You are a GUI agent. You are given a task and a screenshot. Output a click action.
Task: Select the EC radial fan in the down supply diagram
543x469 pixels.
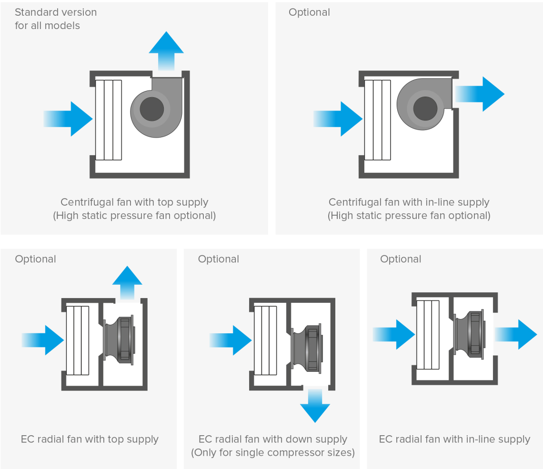click(307, 348)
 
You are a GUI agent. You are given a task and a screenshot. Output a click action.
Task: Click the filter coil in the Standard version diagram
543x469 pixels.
click(108, 120)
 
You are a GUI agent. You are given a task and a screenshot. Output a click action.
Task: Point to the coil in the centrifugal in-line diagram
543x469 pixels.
click(378, 120)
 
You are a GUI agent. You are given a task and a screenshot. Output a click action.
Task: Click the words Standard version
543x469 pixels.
click(56, 12)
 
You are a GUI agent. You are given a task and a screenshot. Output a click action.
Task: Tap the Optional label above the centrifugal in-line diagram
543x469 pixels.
click(309, 12)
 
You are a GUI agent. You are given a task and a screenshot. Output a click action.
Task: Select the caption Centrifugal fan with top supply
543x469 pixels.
click(134, 202)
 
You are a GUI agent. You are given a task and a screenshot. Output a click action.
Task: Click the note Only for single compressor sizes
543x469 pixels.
click(273, 452)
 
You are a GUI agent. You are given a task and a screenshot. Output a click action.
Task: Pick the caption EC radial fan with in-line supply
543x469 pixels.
click(454, 439)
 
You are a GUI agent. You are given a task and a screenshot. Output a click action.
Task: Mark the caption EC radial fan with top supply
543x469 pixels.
click(90, 439)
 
